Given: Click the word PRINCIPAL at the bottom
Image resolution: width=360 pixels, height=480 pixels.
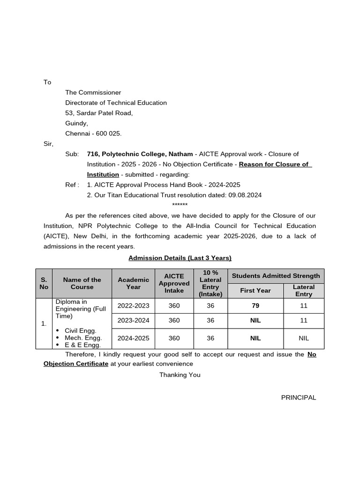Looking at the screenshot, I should pyautogui.click(x=298, y=397).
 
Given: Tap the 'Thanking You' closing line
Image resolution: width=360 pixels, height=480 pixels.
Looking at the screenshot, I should pyautogui.click(x=180, y=375).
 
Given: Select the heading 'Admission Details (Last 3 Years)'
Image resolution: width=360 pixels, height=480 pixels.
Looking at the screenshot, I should pyautogui.click(x=180, y=258).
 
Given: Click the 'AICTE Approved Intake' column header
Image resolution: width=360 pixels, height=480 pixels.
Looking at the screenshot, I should pyautogui.click(x=174, y=283).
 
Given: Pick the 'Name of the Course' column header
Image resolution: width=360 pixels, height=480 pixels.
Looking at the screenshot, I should pyautogui.click(x=82, y=283).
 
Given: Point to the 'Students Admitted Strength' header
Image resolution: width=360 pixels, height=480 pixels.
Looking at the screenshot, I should pyautogui.click(x=276, y=276).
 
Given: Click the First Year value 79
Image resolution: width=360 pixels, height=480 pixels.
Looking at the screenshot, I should pyautogui.click(x=255, y=306).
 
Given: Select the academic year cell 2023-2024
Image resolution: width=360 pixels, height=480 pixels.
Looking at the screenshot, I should pyautogui.click(x=133, y=321).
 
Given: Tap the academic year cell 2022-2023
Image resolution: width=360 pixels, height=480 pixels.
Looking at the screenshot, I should pyautogui.click(x=133, y=306).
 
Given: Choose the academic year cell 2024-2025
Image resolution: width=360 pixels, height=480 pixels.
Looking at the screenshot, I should pyautogui.click(x=133, y=338).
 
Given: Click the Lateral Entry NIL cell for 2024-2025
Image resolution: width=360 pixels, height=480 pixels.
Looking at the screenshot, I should pyautogui.click(x=304, y=338).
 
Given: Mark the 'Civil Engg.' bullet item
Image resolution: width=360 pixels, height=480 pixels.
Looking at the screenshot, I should pyautogui.click(x=80, y=330).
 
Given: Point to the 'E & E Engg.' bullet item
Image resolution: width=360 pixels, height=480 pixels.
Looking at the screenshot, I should pyautogui.click(x=82, y=345).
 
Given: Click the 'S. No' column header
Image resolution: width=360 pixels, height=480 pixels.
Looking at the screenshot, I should pyautogui.click(x=44, y=283).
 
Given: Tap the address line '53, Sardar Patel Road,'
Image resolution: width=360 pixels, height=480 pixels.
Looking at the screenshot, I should pyautogui.click(x=99, y=112).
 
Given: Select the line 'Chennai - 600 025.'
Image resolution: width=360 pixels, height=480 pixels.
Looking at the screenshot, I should pyautogui.click(x=93, y=134).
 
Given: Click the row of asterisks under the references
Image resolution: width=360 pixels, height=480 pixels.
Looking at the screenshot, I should pyautogui.click(x=180, y=205).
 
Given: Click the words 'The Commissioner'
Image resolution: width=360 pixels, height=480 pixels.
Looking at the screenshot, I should pyautogui.click(x=93, y=92).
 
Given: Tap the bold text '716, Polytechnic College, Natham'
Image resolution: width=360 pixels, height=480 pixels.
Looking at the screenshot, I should pyautogui.click(x=140, y=154).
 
